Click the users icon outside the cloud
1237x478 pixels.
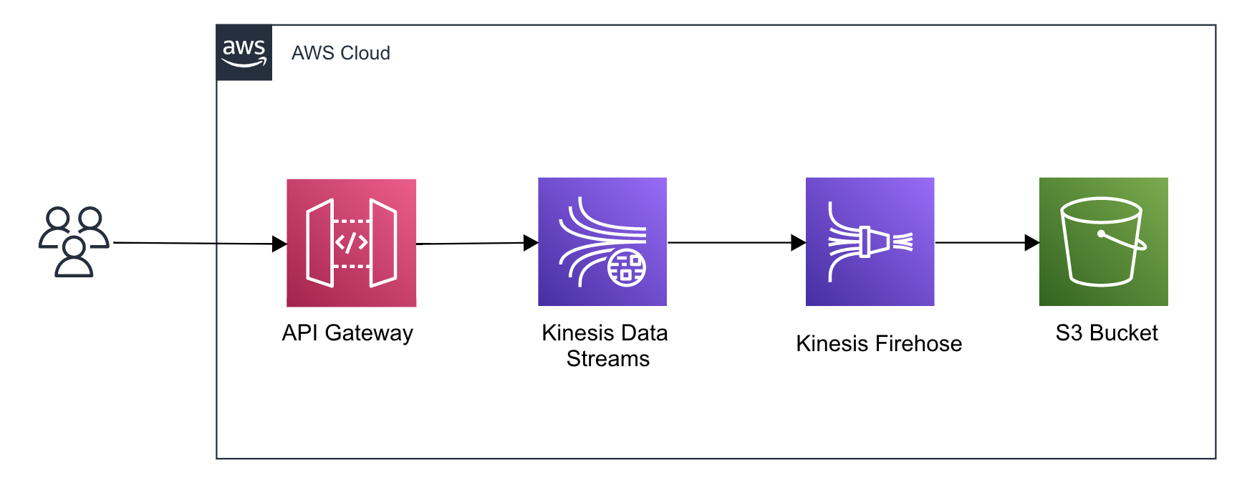[x=74, y=242]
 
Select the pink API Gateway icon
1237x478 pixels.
[x=351, y=243]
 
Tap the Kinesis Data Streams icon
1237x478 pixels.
[x=602, y=242]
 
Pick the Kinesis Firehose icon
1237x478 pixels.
[x=870, y=242]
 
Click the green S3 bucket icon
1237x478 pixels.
[x=1103, y=242]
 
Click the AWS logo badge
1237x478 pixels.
[x=244, y=52]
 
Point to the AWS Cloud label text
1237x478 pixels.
[x=340, y=53]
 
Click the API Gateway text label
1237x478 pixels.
[x=347, y=333]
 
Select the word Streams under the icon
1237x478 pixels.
[x=607, y=359]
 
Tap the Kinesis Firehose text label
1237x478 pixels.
[x=879, y=344]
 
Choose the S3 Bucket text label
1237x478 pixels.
[x=1107, y=333]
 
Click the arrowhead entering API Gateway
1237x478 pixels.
[x=279, y=244]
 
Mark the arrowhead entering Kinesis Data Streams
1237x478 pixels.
[x=531, y=243]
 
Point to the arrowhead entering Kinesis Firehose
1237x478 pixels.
[x=798, y=243]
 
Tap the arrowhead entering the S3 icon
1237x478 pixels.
[x=1031, y=243]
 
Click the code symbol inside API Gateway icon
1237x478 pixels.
[x=351, y=243]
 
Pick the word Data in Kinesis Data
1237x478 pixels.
[x=645, y=333]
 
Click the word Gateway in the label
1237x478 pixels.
[x=369, y=333]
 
